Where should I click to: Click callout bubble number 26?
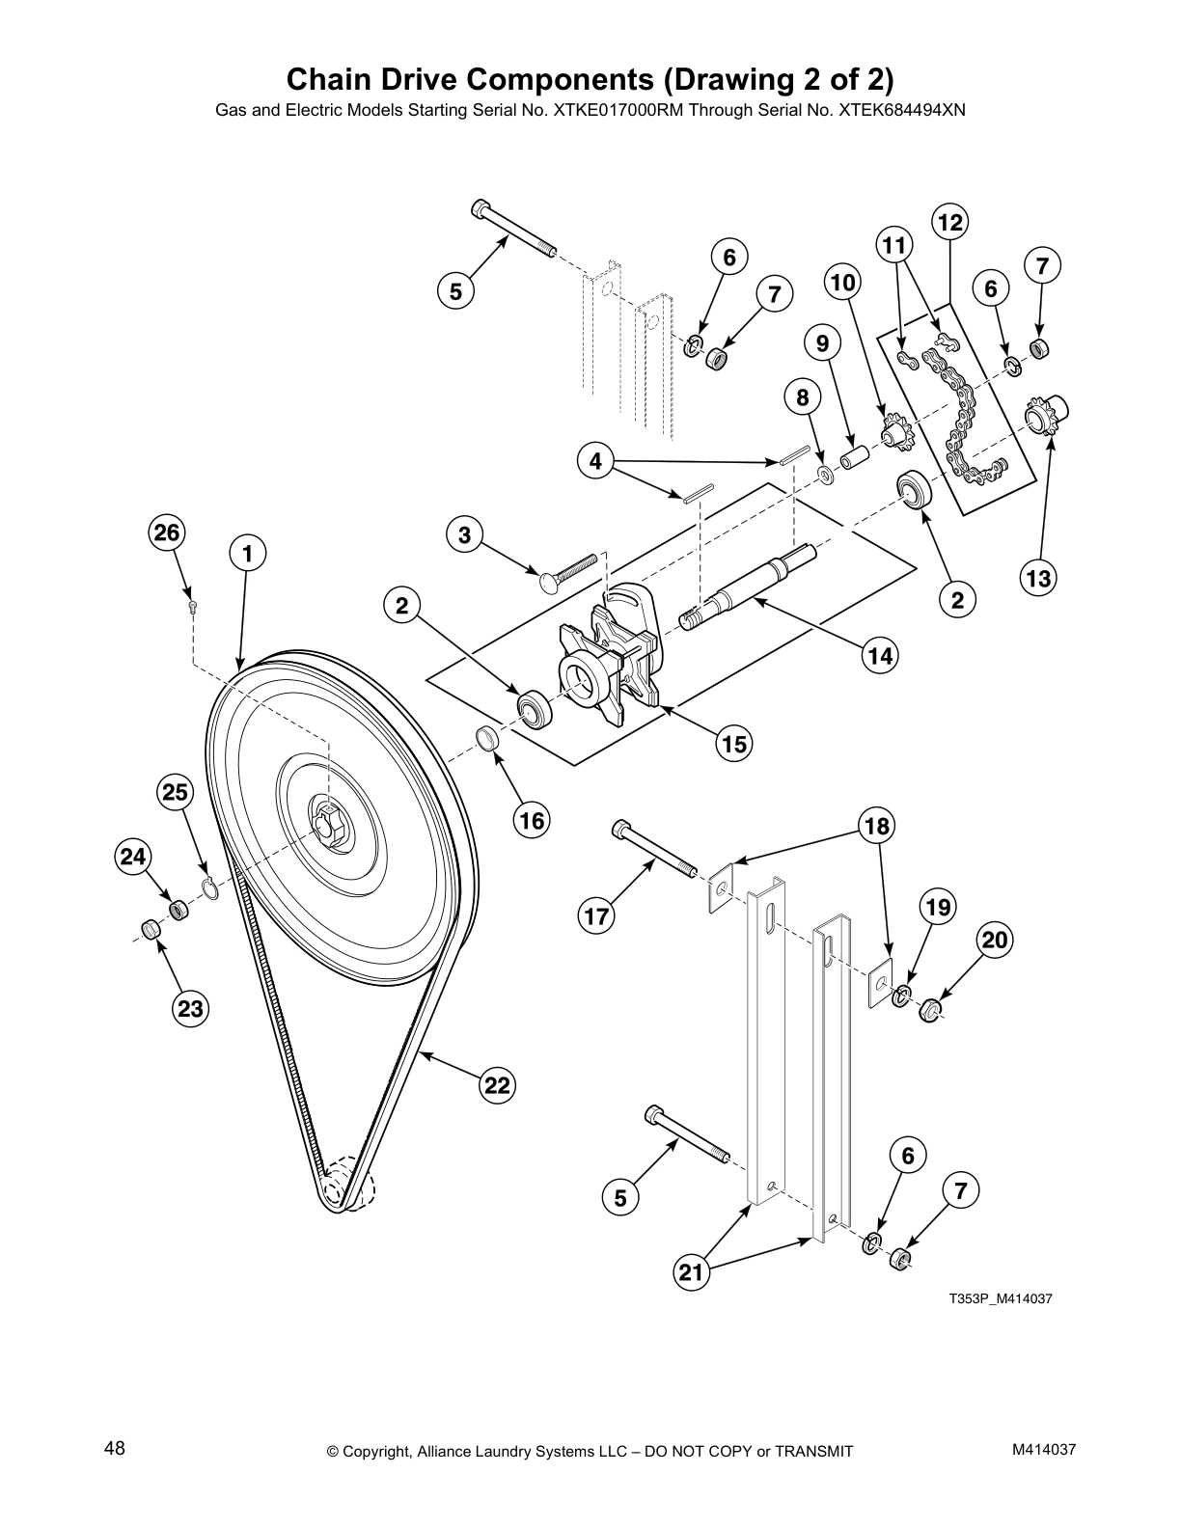click(167, 532)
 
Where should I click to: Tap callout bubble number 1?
click(248, 554)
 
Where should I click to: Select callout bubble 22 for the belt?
click(496, 1086)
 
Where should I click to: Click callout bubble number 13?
click(1038, 578)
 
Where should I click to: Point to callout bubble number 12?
click(950, 223)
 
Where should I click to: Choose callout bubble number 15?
click(734, 744)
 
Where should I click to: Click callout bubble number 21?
click(691, 1272)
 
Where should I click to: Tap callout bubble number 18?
click(876, 826)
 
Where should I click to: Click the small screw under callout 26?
click(193, 606)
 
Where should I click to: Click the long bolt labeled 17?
click(655, 848)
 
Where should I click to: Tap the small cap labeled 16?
click(489, 740)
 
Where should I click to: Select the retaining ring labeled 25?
click(210, 887)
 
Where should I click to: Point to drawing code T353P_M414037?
click(999, 1298)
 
